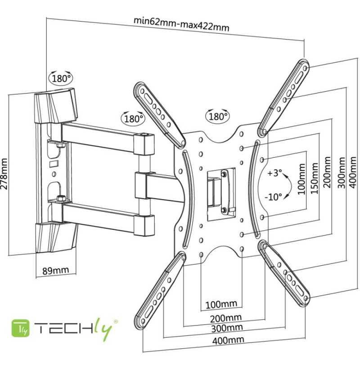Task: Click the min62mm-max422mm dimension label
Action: tap(181, 24)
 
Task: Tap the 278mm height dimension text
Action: tap(4, 174)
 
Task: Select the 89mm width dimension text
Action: tap(56, 271)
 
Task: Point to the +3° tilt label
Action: tap(274, 173)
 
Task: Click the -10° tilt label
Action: tap(273, 196)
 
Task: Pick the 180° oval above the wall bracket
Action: tap(61, 78)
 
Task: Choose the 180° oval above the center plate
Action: tap(218, 116)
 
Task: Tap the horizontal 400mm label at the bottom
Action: tap(228, 340)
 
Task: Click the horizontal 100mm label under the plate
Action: tap(221, 304)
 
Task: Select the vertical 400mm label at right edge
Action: tap(353, 173)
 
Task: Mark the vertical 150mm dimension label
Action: tap(314, 178)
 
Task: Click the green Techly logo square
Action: tap(21, 328)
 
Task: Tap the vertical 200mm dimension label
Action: tap(327, 172)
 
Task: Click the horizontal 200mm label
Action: tap(226, 318)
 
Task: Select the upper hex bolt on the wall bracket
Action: tap(60, 144)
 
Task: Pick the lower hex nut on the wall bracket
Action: tap(61, 198)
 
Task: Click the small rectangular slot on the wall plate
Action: tap(54, 164)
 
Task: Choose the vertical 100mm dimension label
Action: tap(301, 179)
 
